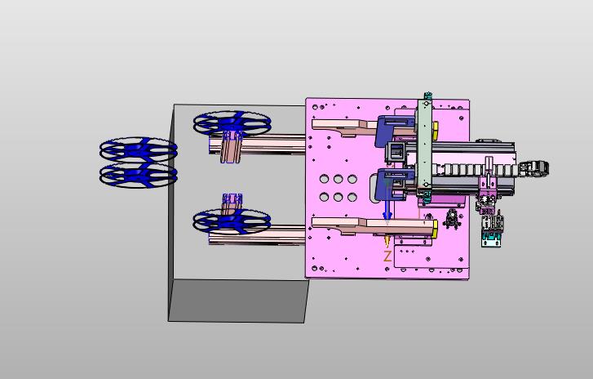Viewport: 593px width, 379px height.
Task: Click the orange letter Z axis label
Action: coord(387,256)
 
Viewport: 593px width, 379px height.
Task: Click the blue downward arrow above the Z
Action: coord(387,209)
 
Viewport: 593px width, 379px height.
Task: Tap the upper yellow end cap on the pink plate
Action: coord(436,130)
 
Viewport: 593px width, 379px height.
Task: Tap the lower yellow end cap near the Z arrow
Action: coord(436,230)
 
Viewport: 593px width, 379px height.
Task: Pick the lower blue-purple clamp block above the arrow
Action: coord(393,185)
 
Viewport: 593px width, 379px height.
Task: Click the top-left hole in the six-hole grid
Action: coord(324,179)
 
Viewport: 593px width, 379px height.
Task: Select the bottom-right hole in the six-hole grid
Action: coord(352,197)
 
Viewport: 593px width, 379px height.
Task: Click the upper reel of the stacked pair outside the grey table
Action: coord(139,149)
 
